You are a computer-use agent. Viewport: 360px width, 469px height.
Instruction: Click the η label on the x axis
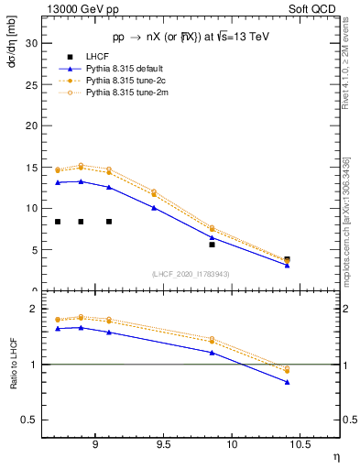click(335, 456)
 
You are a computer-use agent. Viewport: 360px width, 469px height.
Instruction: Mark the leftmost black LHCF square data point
click(58, 222)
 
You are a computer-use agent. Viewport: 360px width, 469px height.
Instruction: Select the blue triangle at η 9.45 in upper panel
click(154, 208)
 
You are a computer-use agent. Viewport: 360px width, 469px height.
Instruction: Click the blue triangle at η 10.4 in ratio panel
click(287, 382)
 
